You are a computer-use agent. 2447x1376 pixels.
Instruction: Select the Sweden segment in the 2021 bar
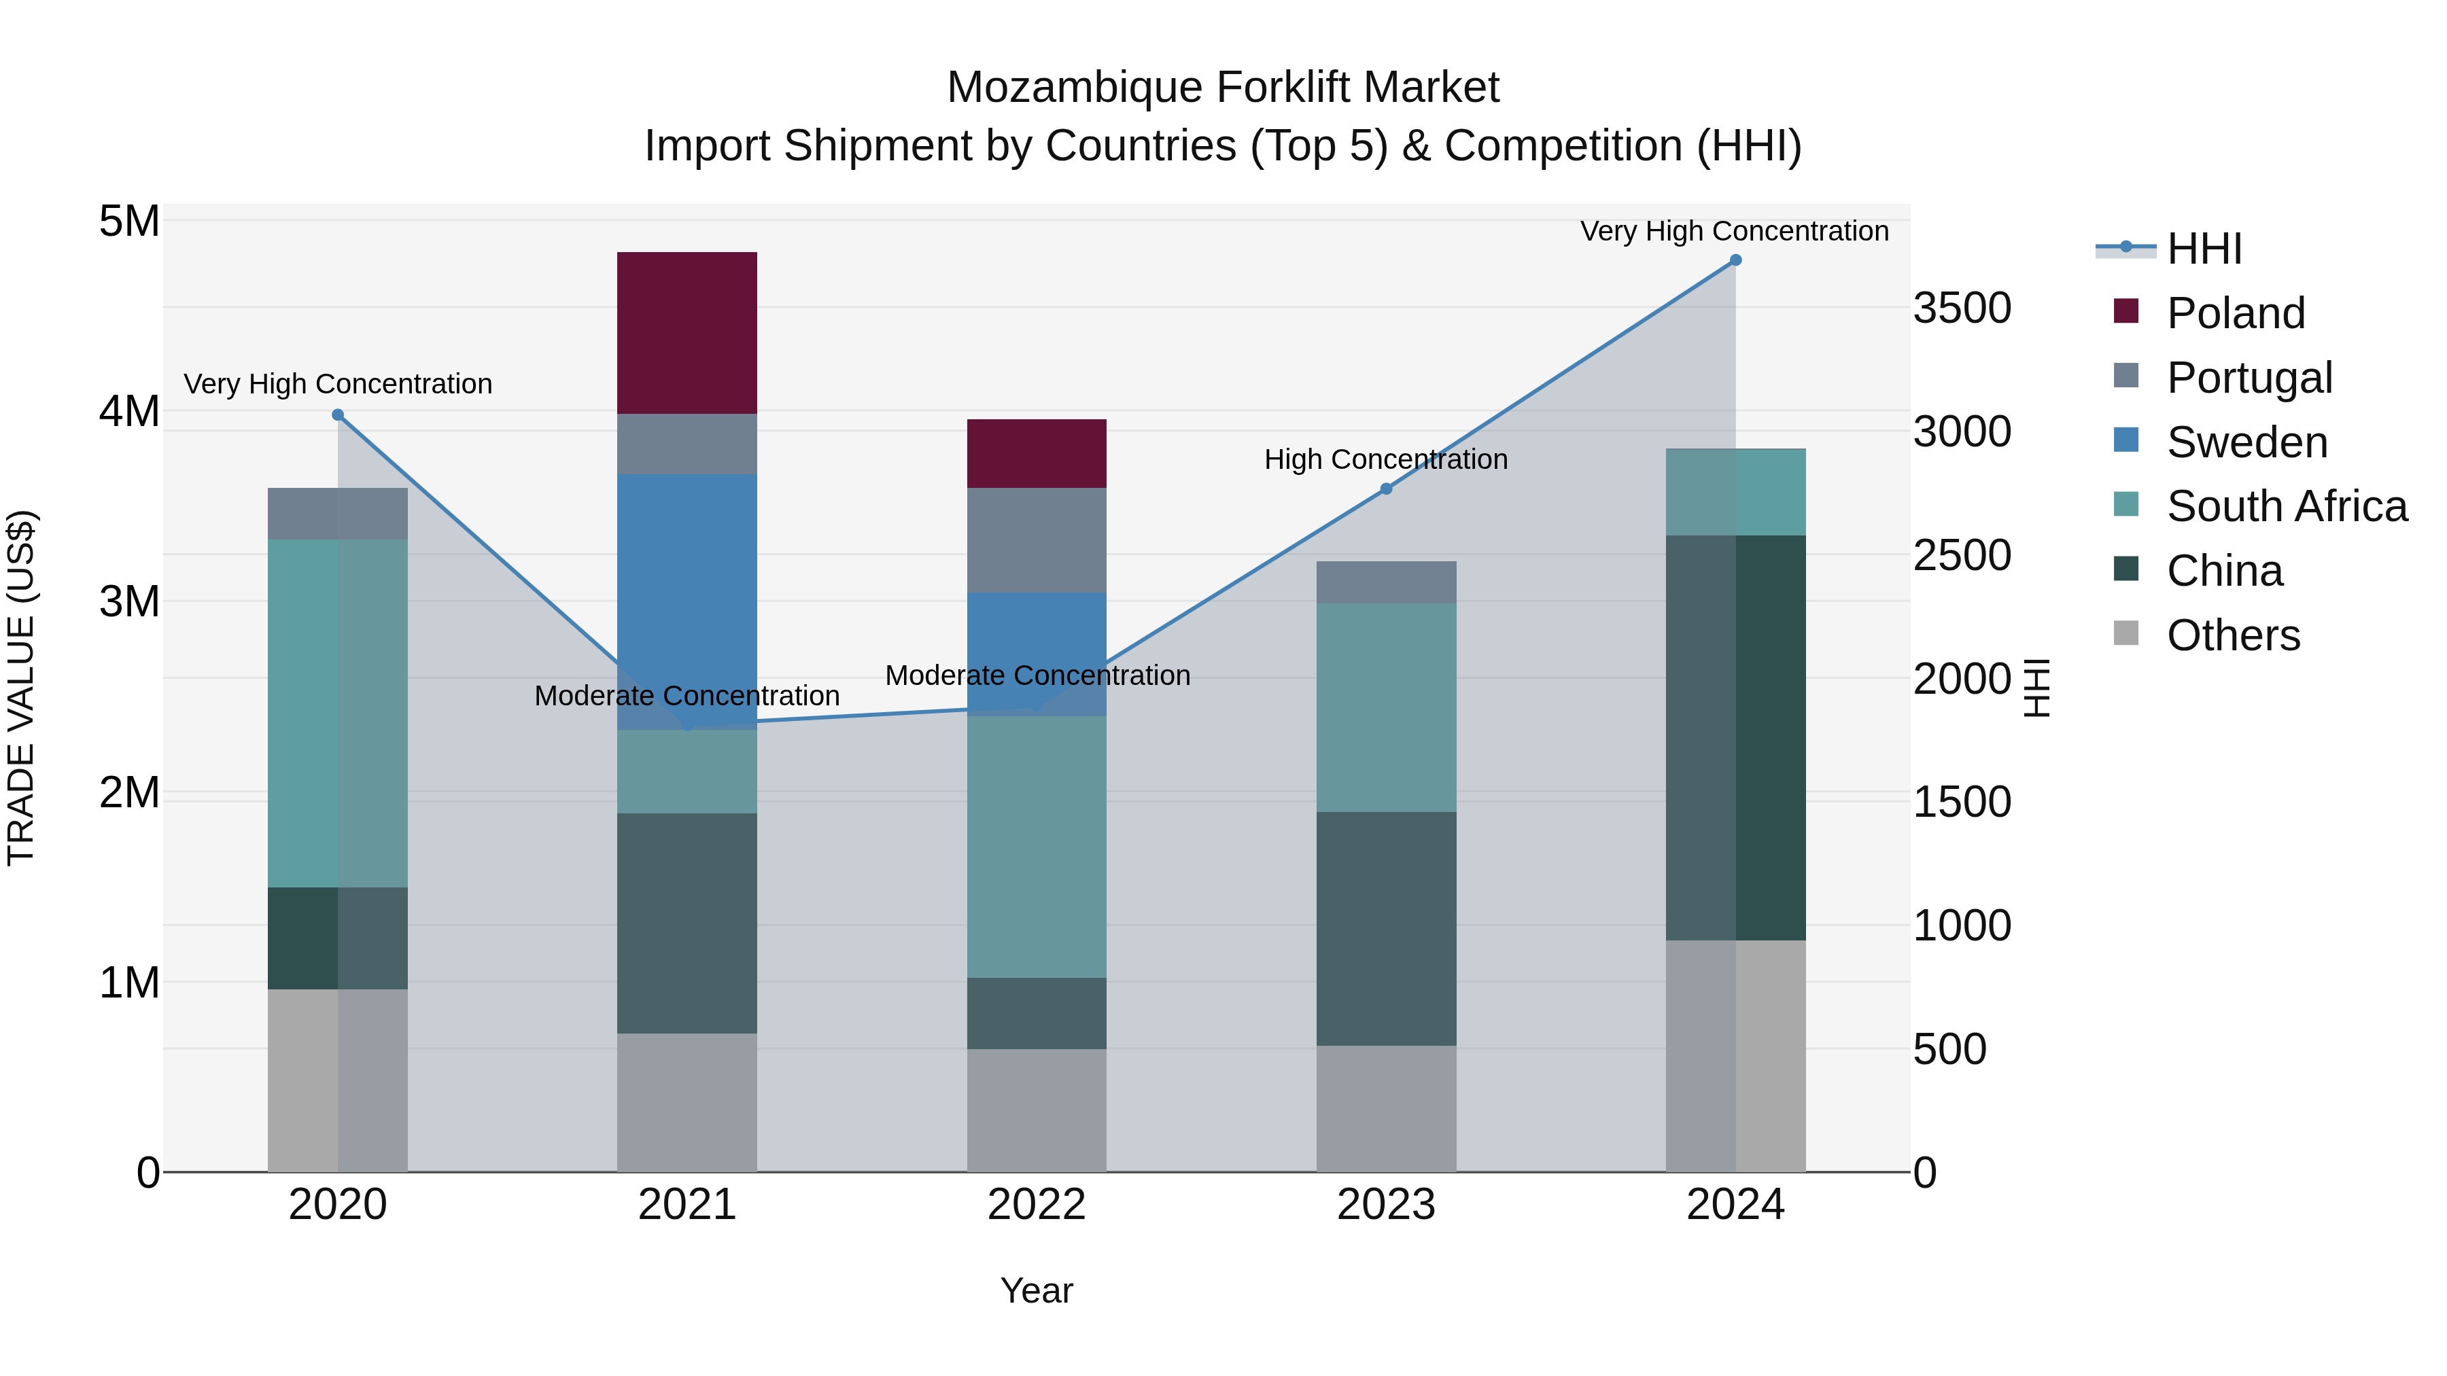click(x=687, y=601)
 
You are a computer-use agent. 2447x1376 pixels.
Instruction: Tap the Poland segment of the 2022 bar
click(x=1037, y=453)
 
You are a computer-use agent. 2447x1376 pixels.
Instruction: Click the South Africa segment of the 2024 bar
click(x=1735, y=491)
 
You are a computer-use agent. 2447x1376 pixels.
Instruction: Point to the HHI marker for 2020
click(x=337, y=415)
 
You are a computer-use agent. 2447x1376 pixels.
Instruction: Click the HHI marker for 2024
click(x=1735, y=260)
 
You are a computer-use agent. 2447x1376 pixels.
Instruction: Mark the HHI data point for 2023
click(x=1386, y=489)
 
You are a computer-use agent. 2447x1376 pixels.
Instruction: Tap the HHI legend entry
click(x=2204, y=249)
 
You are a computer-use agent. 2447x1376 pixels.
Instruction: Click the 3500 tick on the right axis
click(x=1962, y=308)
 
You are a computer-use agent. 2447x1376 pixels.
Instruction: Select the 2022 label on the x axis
click(x=1037, y=1205)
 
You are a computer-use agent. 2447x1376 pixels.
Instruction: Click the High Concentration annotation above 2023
click(x=1386, y=459)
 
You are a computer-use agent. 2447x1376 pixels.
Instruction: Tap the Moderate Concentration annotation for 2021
click(x=687, y=696)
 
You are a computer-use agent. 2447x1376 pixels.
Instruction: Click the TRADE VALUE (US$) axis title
click(x=22, y=688)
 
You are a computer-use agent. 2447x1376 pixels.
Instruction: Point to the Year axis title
click(x=1037, y=1290)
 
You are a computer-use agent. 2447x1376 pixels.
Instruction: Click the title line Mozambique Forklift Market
click(x=1223, y=88)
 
